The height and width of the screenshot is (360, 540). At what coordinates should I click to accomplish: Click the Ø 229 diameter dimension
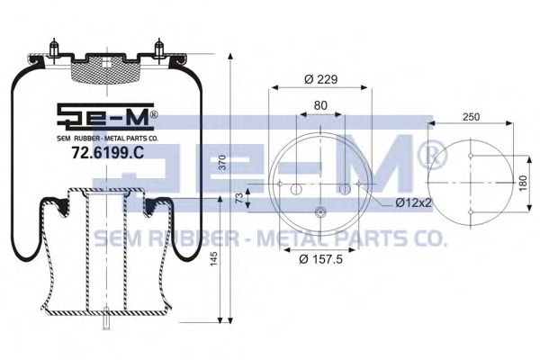click(x=321, y=79)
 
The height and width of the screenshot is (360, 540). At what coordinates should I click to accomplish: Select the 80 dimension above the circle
click(x=320, y=105)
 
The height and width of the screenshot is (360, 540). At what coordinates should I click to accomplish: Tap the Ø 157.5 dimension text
click(x=320, y=258)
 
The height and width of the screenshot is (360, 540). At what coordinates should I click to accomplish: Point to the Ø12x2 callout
click(x=413, y=202)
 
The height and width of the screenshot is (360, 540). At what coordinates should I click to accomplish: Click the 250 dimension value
click(x=471, y=117)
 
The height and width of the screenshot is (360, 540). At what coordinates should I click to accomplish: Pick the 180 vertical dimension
click(x=523, y=184)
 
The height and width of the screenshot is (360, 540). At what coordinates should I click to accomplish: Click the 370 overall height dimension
click(x=223, y=162)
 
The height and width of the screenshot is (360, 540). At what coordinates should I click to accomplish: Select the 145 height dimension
click(x=214, y=258)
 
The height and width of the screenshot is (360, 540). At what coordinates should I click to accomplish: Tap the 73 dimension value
click(x=239, y=198)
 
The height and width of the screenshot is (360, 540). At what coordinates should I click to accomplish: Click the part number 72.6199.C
click(x=108, y=153)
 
